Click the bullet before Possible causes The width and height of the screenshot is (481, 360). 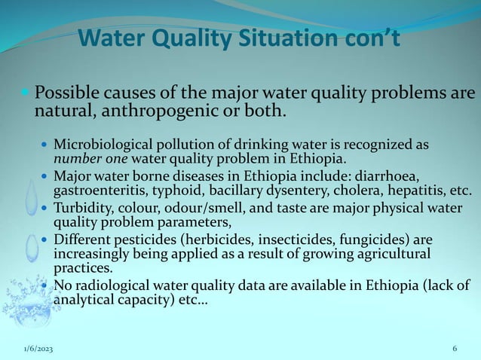26,96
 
